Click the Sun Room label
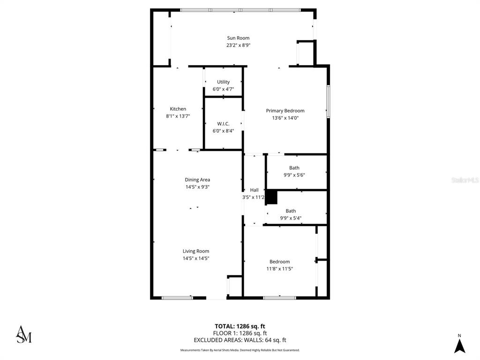click(238, 38)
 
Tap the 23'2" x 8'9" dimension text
click(238, 45)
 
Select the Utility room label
click(223, 82)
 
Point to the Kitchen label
click(178, 109)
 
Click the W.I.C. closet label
click(223, 124)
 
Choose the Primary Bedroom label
click(285, 111)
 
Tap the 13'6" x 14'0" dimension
click(285, 118)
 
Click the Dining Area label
click(197, 180)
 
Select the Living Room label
click(196, 251)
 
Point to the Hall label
click(254, 190)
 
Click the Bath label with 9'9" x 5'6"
click(294, 168)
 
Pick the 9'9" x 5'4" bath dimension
click(291, 218)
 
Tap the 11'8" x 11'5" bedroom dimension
click(279, 269)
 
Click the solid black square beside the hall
click(272, 197)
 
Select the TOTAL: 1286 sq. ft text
click(240, 326)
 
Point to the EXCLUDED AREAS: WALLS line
click(240, 340)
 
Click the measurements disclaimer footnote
click(240, 350)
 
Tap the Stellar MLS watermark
click(464, 180)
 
